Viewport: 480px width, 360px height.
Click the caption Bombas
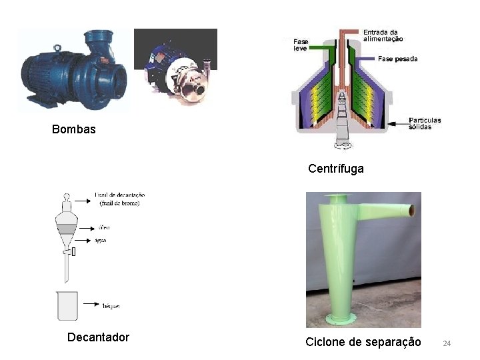click(73, 129)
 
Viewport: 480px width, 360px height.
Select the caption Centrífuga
click(336, 169)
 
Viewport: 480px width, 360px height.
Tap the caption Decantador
click(98, 337)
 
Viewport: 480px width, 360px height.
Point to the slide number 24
click(447, 343)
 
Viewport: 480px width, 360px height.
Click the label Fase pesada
click(397, 59)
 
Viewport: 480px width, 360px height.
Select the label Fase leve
click(301, 45)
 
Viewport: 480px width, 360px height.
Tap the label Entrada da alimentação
click(383, 35)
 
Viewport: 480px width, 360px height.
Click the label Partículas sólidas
click(425, 123)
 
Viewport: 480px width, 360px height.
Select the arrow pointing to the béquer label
click(90, 303)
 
